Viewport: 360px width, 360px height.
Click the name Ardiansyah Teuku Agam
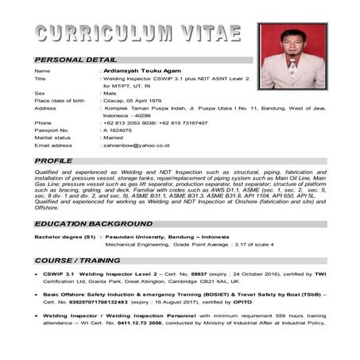(139, 72)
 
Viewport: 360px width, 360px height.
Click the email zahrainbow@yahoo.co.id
(136, 145)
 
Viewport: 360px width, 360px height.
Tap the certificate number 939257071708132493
(99, 303)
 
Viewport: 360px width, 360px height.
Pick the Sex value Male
(111, 93)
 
